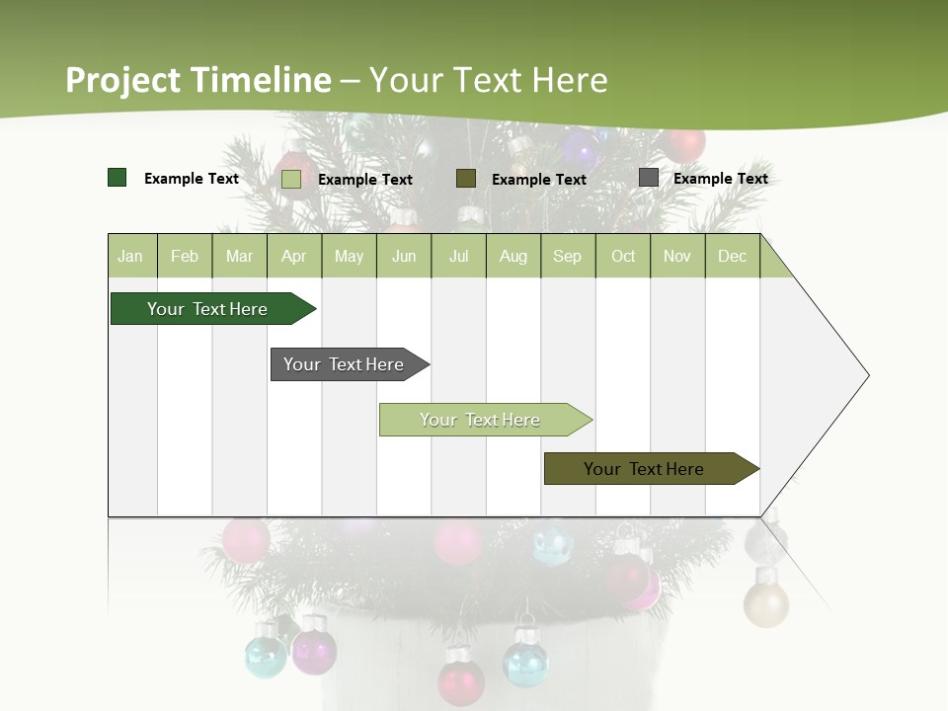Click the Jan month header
coord(131,256)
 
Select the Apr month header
coord(294,256)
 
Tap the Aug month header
coord(513,256)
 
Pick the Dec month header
coord(732,256)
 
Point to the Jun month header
coord(404,256)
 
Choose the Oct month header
coord(623,256)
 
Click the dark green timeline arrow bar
coord(208,309)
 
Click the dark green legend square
coord(118,178)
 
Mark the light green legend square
coord(291,179)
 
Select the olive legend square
coord(466,179)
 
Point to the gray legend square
coord(649,178)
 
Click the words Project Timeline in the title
coord(197,80)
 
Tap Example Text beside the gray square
coord(720,179)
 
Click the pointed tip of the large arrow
coord(866,375)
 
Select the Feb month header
coord(185,256)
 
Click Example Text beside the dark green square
coord(192,179)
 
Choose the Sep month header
coord(567,256)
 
